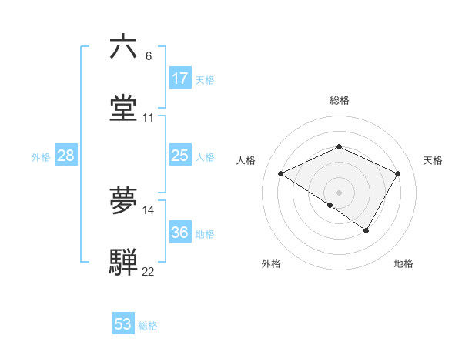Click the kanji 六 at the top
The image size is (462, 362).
(x=124, y=47)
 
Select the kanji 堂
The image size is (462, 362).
(x=124, y=108)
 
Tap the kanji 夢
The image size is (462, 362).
(x=124, y=201)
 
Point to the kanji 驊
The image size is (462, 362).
(x=124, y=262)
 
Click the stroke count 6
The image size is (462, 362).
(x=149, y=56)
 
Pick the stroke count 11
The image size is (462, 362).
(x=149, y=118)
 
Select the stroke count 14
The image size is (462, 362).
(x=149, y=210)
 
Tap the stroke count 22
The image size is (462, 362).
(x=149, y=272)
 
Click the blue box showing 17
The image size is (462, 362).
(x=179, y=79)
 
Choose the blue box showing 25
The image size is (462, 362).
(x=179, y=156)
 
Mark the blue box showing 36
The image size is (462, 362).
(x=179, y=233)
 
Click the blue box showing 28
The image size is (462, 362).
(x=65, y=156)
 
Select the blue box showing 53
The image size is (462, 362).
(x=122, y=324)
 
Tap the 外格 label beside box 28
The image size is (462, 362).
(x=41, y=157)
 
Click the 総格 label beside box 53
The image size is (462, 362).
(x=148, y=326)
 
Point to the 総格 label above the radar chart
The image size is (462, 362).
(x=340, y=100)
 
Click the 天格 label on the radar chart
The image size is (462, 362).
(x=433, y=160)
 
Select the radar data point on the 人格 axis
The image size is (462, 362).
(x=281, y=174)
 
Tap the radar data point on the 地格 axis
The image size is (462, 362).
(x=367, y=230)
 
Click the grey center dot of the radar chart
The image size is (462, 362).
(x=340, y=192)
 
